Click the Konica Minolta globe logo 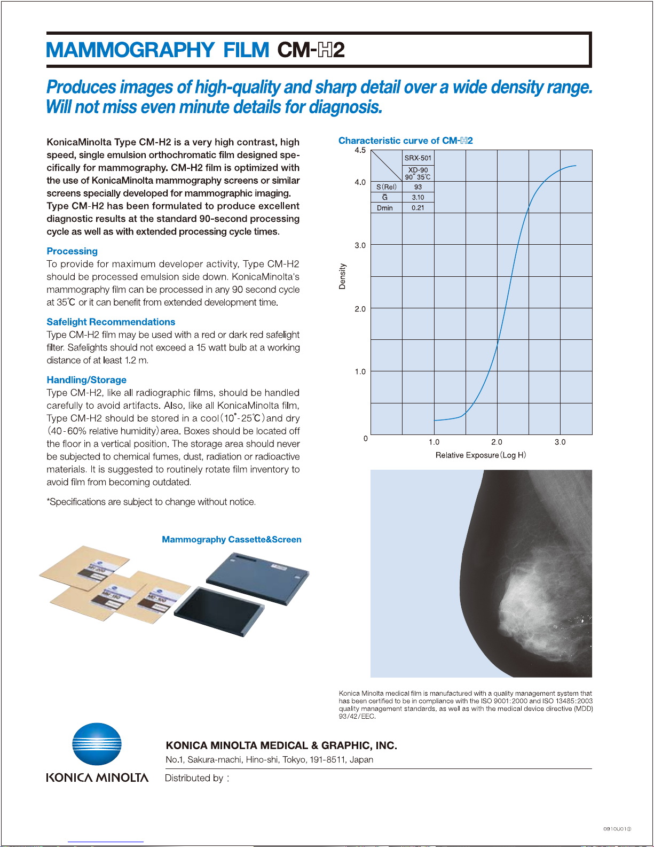[97, 744]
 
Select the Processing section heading [72, 251]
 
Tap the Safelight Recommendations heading [111, 322]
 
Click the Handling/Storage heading [86, 380]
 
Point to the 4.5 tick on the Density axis [360, 150]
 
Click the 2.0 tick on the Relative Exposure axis [497, 442]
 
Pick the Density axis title [342, 276]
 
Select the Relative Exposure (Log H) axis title [480, 455]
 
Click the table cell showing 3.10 [418, 197]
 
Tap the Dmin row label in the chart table [385, 208]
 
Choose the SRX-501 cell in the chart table [418, 158]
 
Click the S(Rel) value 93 [418, 187]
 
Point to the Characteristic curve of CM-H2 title [405, 141]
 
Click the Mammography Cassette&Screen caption [231, 540]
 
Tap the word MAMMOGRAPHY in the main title [130, 50]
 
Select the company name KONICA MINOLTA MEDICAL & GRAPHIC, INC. [281, 745]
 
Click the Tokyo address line [269, 760]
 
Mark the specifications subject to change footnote [151, 502]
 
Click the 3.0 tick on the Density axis [360, 245]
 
